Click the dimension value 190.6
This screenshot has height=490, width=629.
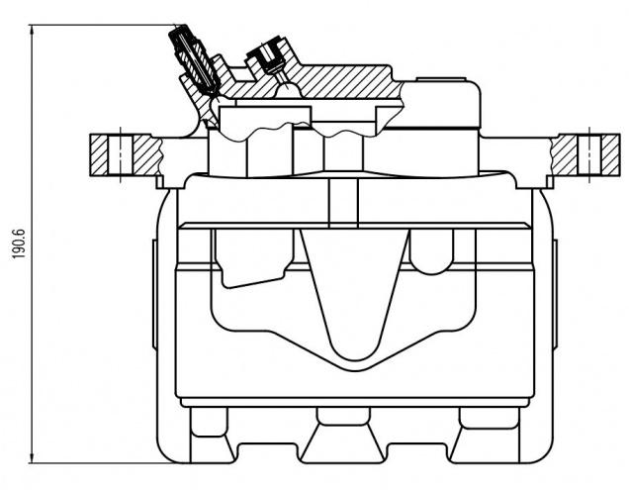coord(19,244)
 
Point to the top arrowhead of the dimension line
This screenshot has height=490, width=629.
coord(32,29)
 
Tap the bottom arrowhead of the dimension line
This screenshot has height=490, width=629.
coord(32,458)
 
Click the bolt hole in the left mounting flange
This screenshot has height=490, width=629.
coord(121,155)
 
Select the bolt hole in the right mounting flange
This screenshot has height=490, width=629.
coord(589,155)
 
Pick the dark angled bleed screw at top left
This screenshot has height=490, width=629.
coord(194,59)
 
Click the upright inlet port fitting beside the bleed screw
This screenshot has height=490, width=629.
coord(268,55)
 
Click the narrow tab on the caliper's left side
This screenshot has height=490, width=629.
coord(154,294)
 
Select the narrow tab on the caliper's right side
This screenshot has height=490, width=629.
coord(555,294)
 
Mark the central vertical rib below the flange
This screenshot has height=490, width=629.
coord(343,203)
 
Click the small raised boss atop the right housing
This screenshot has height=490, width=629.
coord(441,79)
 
